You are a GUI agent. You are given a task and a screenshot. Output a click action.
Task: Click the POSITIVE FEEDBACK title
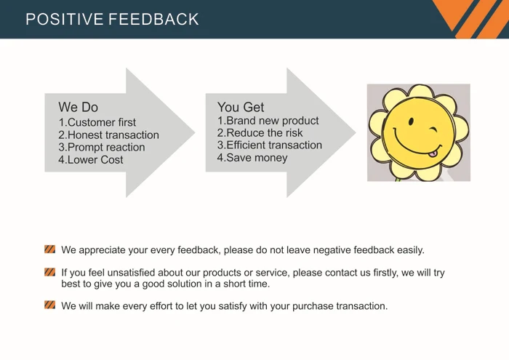click(x=112, y=20)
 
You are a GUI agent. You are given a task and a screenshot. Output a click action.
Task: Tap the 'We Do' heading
click(x=78, y=108)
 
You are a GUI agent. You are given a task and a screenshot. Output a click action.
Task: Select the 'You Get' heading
click(x=241, y=108)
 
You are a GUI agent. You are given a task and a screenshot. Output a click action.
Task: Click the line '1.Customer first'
click(x=97, y=123)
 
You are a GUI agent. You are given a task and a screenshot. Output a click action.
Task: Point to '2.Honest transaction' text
click(x=108, y=135)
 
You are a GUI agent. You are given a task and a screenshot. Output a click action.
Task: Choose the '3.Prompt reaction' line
click(x=101, y=148)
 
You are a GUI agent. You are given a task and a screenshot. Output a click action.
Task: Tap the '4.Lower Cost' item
click(x=91, y=160)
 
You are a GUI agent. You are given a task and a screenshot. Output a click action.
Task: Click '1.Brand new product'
click(x=268, y=121)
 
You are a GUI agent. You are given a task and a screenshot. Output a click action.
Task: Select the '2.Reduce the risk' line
click(x=260, y=133)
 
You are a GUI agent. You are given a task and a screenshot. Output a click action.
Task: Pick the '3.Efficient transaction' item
click(x=269, y=145)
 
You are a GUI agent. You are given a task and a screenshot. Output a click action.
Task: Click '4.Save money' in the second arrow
click(x=252, y=158)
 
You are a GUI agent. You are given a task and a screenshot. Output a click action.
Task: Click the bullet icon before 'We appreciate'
click(x=49, y=249)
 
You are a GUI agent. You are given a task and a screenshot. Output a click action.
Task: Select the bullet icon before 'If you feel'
click(x=49, y=273)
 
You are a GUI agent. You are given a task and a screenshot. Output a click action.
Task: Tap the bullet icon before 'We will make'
click(x=49, y=305)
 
